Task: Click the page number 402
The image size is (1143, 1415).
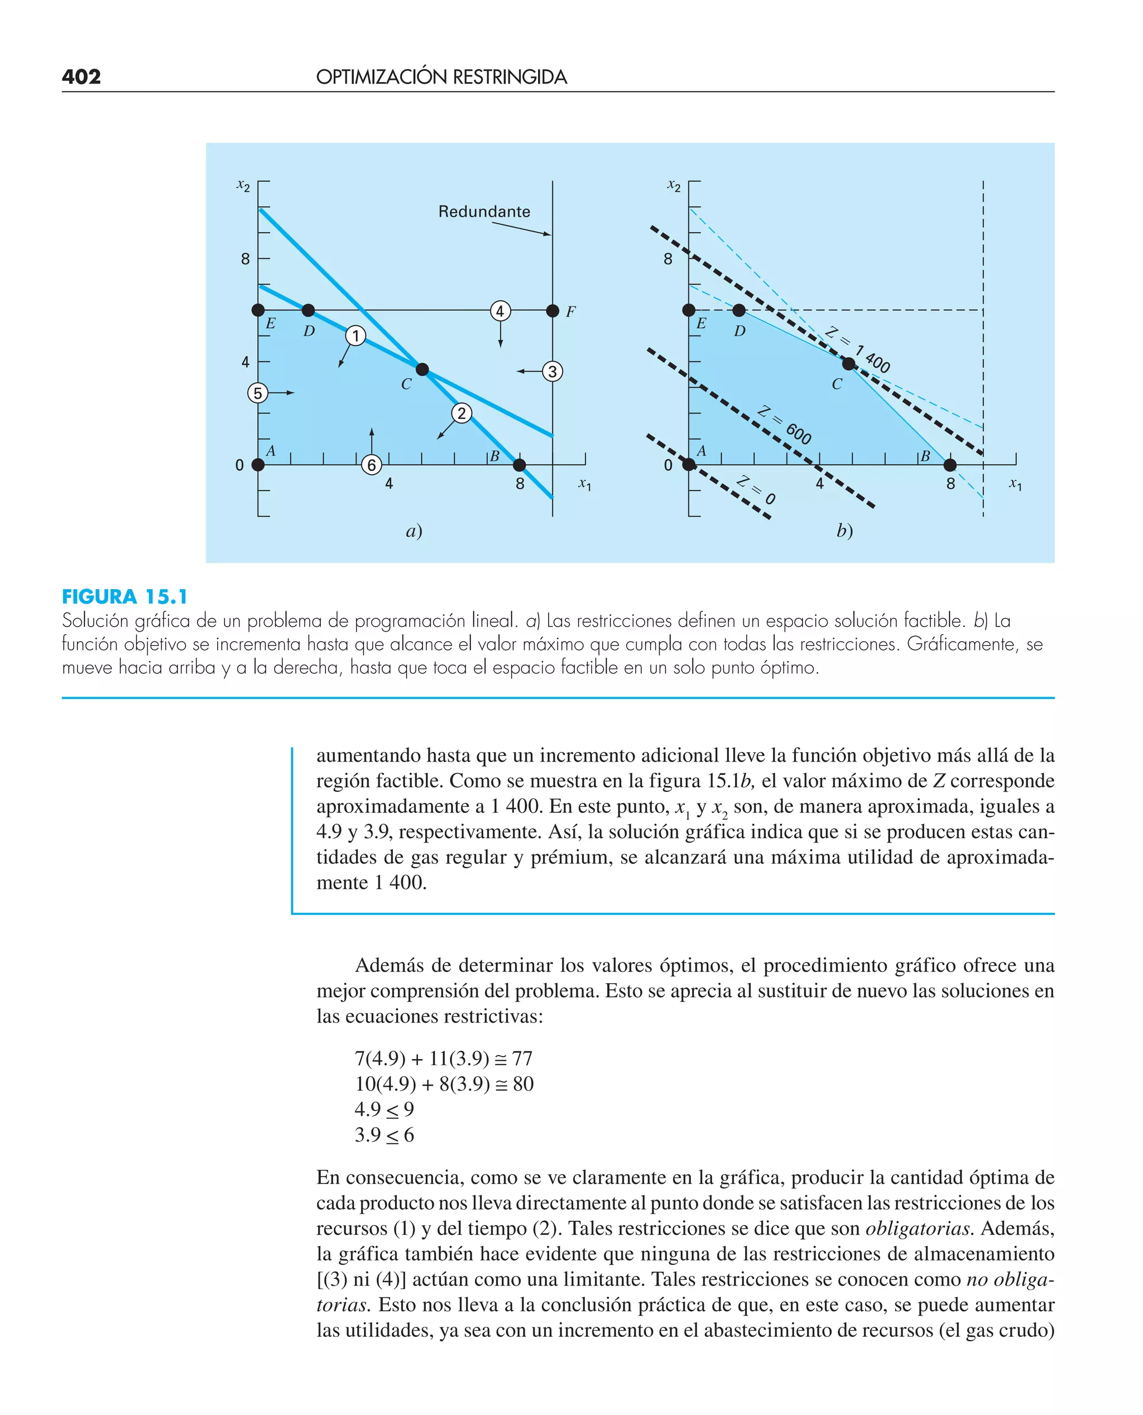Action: click(x=81, y=77)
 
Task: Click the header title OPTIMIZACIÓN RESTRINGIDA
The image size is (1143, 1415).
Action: click(x=441, y=77)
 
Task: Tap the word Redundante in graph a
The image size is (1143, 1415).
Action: click(x=484, y=211)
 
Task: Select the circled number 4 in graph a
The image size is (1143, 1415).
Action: click(x=500, y=311)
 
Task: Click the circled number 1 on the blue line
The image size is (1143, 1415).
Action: click(x=356, y=336)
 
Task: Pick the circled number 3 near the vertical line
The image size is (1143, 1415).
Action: click(x=553, y=372)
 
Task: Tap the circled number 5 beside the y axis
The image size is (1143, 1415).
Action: click(x=257, y=393)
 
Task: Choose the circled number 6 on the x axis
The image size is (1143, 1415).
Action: click(x=371, y=465)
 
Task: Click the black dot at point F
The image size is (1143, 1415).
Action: click(x=553, y=311)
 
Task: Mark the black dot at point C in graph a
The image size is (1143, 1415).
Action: click(x=422, y=369)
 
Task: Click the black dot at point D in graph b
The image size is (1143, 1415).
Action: click(x=739, y=310)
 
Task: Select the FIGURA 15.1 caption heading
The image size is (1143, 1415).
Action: click(x=124, y=597)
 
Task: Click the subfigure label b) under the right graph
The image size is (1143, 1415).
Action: click(x=844, y=531)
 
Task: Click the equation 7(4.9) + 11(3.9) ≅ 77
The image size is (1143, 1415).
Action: click(x=443, y=1058)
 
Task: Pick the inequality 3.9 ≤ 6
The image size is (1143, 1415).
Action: click(x=384, y=1135)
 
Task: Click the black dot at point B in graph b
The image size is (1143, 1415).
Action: click(x=949, y=465)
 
